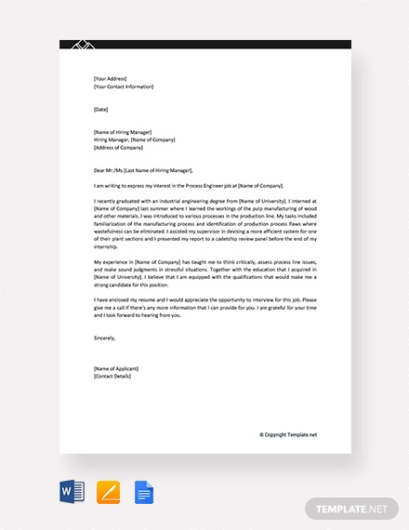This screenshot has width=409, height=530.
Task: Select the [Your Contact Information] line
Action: point(124,86)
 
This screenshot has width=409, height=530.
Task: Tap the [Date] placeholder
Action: point(101,109)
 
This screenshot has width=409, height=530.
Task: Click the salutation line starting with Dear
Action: point(143,170)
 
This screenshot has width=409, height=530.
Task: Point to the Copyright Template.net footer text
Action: point(288,434)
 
